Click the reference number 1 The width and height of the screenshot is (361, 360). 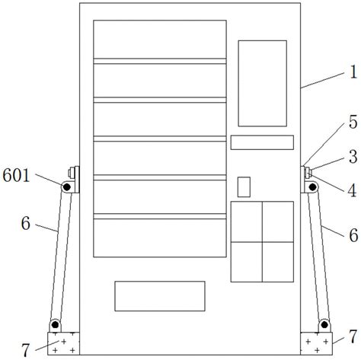(353, 72)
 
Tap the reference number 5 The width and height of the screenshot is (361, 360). (353, 123)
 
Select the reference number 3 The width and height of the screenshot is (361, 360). (353, 157)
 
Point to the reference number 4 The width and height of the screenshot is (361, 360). (352, 190)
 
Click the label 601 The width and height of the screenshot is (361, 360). (16, 175)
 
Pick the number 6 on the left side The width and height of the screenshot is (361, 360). (26, 223)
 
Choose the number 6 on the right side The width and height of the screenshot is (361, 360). (353, 235)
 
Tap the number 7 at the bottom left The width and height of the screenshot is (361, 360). (26, 350)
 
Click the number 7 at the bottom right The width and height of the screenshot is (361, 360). (353, 336)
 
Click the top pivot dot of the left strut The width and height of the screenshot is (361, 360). (67, 187)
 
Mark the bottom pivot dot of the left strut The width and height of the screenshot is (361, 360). (55, 324)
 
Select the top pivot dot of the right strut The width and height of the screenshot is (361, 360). (312, 187)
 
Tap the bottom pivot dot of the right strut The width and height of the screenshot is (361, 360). (324, 324)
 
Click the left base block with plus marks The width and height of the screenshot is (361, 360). (63, 343)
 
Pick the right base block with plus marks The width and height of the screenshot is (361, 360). (316, 343)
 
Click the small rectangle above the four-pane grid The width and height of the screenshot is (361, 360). (244, 186)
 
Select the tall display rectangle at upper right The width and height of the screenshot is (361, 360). (262, 83)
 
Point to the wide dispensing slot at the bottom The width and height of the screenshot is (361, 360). (160, 296)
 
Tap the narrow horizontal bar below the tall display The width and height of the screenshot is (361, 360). (262, 142)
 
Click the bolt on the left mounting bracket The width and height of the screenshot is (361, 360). (70, 173)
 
